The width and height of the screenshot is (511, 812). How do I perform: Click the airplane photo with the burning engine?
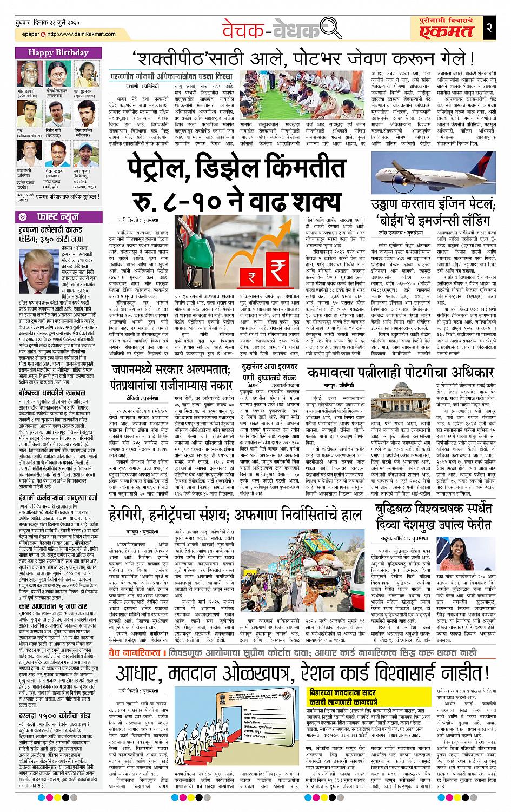tap(434, 169)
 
